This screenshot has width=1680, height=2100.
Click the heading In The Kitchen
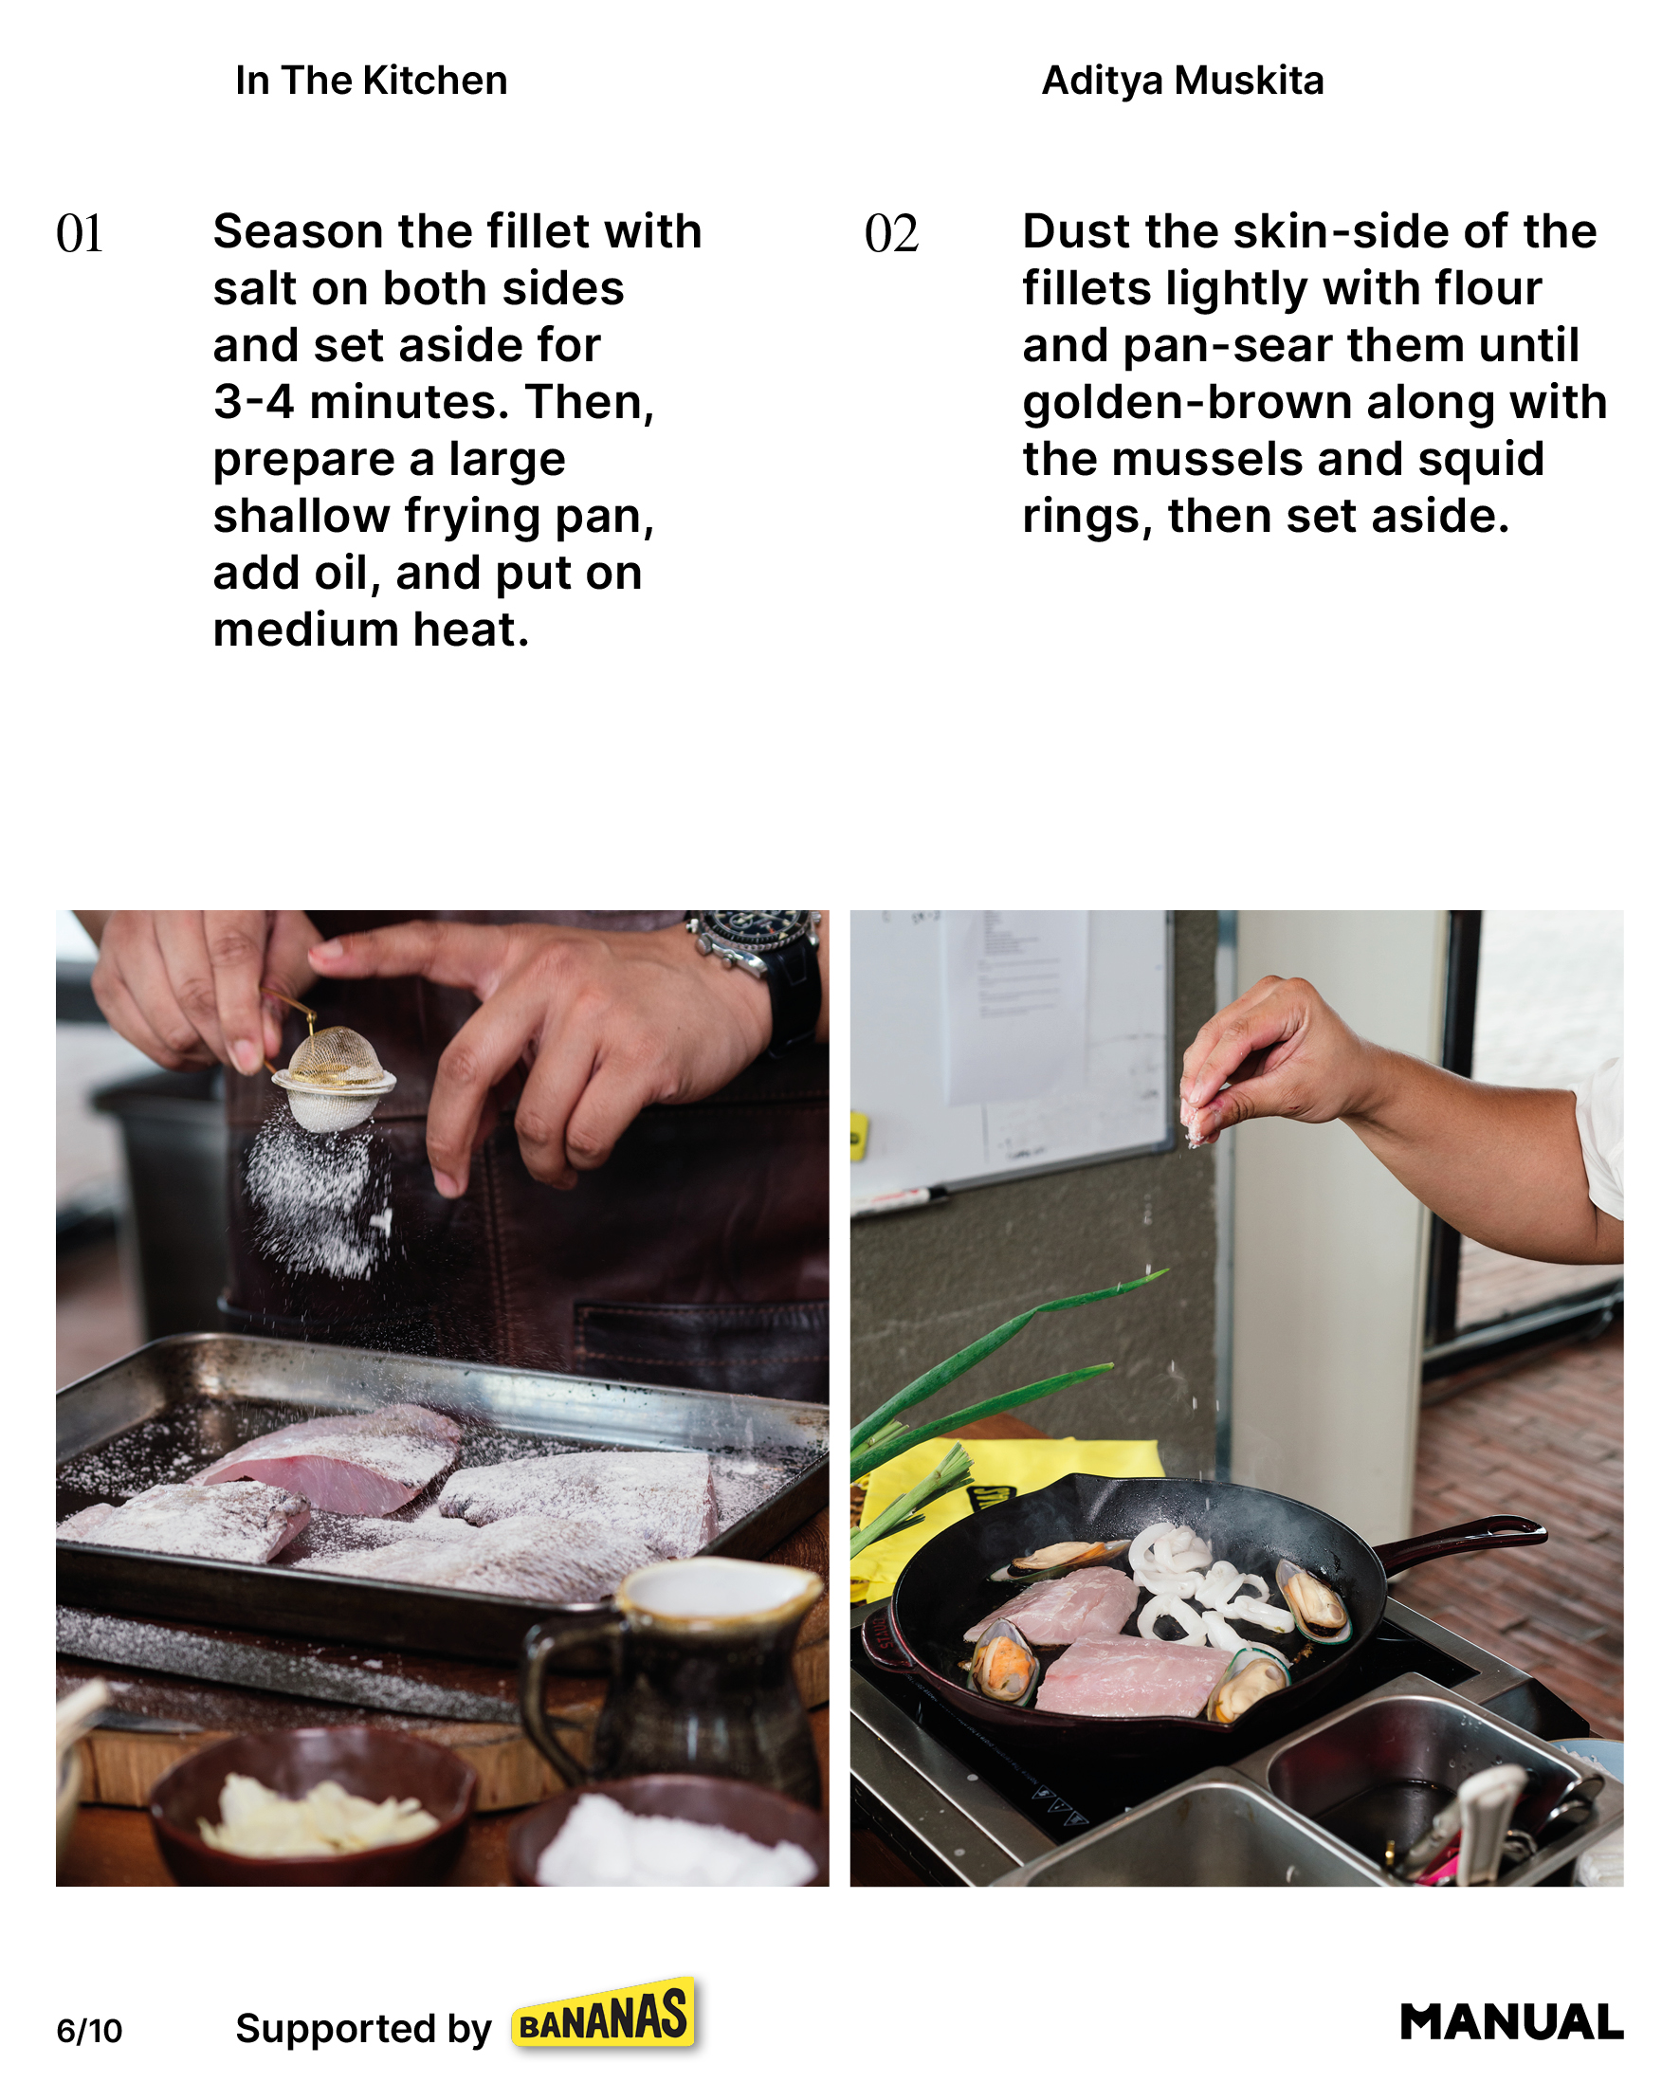(x=371, y=81)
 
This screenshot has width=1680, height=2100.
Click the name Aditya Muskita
(x=1182, y=81)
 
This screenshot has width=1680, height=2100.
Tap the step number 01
(x=80, y=234)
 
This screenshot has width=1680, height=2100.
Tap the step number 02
(x=891, y=234)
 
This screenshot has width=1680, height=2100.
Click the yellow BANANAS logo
(x=605, y=2015)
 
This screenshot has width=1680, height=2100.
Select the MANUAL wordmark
(x=1511, y=2022)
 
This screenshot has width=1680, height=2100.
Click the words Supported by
(x=363, y=2029)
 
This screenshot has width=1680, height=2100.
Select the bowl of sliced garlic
(x=312, y=1807)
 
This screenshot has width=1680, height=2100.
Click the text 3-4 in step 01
(x=253, y=401)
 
